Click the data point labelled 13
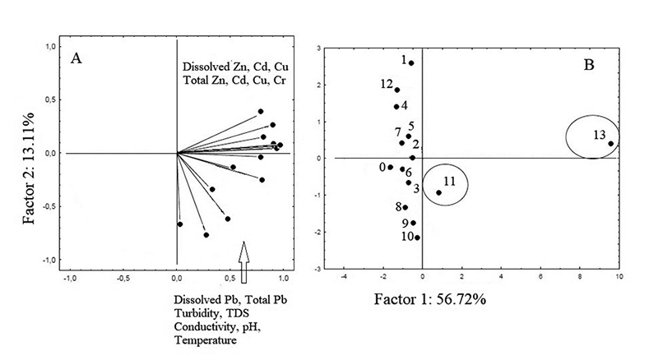click(x=611, y=144)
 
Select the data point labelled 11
click(x=438, y=192)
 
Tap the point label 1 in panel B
click(x=404, y=60)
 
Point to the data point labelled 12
click(x=397, y=90)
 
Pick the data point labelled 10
click(x=418, y=238)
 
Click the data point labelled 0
click(x=391, y=167)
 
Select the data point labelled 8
click(x=405, y=207)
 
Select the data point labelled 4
click(x=396, y=107)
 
